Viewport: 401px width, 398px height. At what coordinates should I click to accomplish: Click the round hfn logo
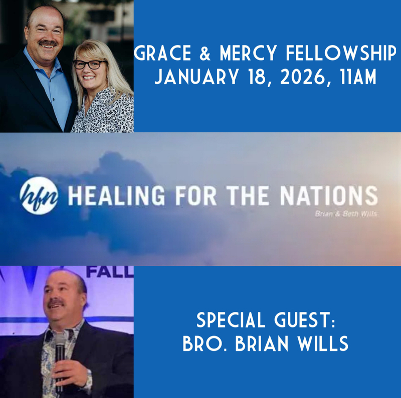pyautogui.click(x=39, y=196)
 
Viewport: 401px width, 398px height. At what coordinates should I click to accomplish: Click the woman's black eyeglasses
pyautogui.click(x=90, y=64)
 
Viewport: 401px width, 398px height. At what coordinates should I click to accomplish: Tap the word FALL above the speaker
pyautogui.click(x=110, y=273)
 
